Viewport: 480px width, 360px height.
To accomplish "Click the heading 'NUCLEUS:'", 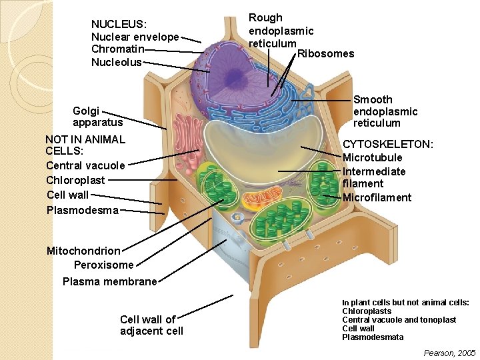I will coord(119,25).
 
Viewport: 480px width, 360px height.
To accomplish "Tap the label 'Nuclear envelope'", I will coord(135,37).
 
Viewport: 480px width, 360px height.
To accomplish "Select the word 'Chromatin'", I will coord(118,49).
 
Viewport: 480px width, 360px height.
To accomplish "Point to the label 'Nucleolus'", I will coord(117,62).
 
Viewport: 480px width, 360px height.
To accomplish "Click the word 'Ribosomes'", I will coord(325,53).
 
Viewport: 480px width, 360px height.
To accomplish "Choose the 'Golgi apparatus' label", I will coord(97,117).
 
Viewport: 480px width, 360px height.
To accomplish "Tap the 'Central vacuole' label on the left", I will coord(85,165).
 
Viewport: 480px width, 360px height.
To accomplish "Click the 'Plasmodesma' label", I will coord(83,210).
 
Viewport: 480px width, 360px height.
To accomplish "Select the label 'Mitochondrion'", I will coord(83,251).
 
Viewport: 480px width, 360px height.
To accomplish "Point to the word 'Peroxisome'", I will coord(103,265).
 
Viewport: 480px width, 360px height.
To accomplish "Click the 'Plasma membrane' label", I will coord(109,281).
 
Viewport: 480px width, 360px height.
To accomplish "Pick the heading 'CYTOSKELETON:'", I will coord(387,145).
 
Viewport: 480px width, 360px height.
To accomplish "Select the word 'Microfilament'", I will coord(377,197).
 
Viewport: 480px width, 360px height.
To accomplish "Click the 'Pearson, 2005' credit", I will coord(449,353).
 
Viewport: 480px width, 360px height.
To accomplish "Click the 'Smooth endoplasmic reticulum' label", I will coord(385,111).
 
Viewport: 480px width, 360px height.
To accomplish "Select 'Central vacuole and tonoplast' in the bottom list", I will coord(399,320).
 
